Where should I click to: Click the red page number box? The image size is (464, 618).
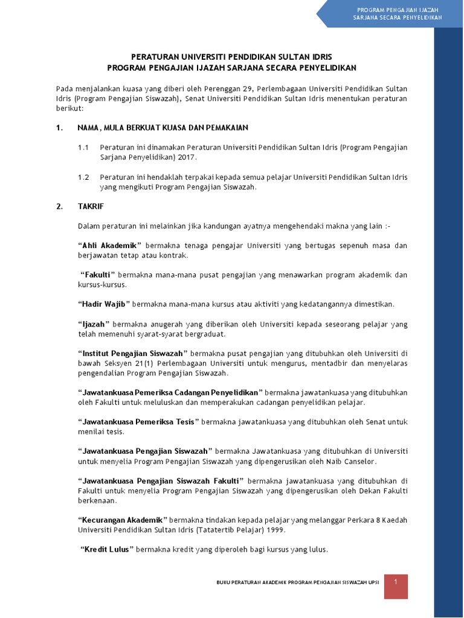(396, 586)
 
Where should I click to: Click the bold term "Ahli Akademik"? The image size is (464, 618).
(109, 246)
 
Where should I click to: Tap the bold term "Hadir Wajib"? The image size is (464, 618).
(103, 304)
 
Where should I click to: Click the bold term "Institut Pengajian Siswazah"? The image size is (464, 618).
(133, 353)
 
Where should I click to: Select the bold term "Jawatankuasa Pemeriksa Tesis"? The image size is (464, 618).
(138, 422)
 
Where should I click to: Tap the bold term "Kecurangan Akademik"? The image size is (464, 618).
(122, 520)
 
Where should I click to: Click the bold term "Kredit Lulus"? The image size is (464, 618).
(108, 549)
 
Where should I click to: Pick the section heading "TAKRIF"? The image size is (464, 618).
(91, 206)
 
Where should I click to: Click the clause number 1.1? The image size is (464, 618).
(83, 147)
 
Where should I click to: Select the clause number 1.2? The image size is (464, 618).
(83, 177)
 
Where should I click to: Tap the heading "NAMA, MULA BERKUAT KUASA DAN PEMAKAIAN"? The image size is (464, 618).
(163, 128)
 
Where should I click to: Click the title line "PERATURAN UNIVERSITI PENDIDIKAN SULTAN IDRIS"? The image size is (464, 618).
(231, 57)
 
